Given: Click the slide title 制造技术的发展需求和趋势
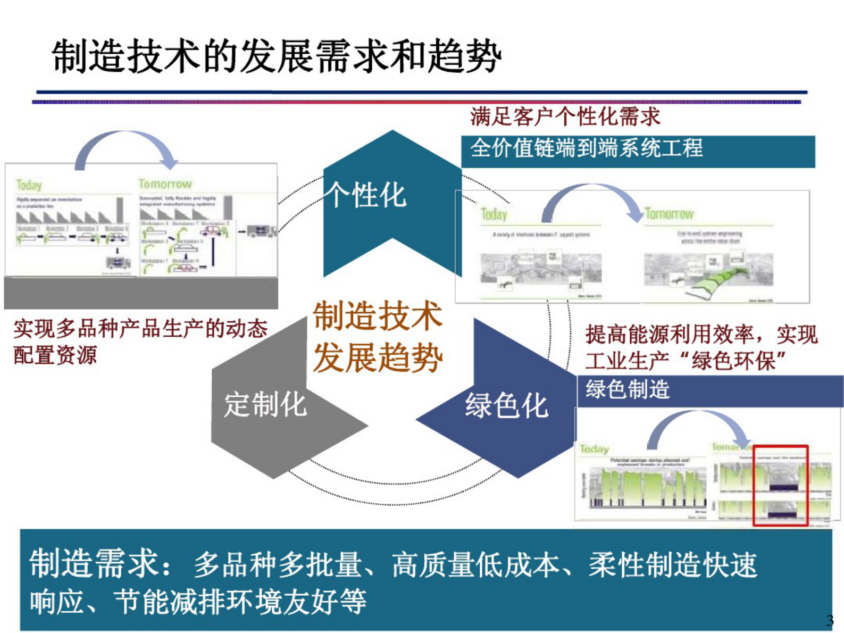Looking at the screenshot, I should pyautogui.click(x=277, y=56).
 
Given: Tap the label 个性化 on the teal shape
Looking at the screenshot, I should pyautogui.click(x=366, y=195).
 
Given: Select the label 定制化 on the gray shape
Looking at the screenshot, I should pyautogui.click(x=265, y=405).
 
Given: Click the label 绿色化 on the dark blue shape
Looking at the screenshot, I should pyautogui.click(x=506, y=406).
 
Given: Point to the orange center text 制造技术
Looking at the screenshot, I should pyautogui.click(x=377, y=315).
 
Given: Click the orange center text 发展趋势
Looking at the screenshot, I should pyautogui.click(x=377, y=357).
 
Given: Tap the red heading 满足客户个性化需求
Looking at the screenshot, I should pyautogui.click(x=565, y=116).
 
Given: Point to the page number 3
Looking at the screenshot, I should pyautogui.click(x=830, y=620).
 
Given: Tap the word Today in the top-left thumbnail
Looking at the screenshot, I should pyautogui.click(x=29, y=185).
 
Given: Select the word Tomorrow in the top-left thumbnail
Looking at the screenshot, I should pyautogui.click(x=165, y=184).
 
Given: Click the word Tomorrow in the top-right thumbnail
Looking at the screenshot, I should pyautogui.click(x=669, y=214).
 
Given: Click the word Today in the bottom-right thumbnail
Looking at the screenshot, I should pyautogui.click(x=594, y=449).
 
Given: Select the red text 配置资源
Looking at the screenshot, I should pyautogui.click(x=55, y=355).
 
